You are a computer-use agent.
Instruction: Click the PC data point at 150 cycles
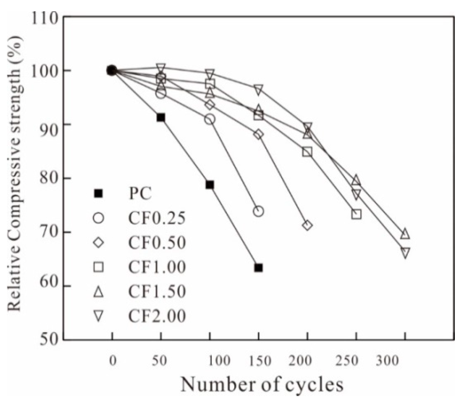coord(258,268)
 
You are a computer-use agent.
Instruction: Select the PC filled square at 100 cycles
coord(210,185)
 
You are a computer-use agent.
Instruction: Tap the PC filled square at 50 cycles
coord(161,117)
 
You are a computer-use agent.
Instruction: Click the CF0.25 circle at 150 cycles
coord(258,211)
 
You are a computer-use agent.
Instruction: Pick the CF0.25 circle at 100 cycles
coord(210,119)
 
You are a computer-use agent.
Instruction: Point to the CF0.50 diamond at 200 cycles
coord(307,225)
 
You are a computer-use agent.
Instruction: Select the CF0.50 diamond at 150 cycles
coord(258,134)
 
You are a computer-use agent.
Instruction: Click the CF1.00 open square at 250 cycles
coord(356,214)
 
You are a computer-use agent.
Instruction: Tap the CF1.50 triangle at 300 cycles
coord(405,234)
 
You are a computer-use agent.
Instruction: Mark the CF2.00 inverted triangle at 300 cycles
coord(405,252)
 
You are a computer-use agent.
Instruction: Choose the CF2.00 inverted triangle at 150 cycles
coord(258,89)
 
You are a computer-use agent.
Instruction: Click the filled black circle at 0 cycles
coord(112,70)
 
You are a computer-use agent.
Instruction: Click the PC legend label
coord(140,193)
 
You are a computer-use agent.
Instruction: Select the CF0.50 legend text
coord(157,243)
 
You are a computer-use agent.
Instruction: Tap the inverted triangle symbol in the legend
coord(98,316)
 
